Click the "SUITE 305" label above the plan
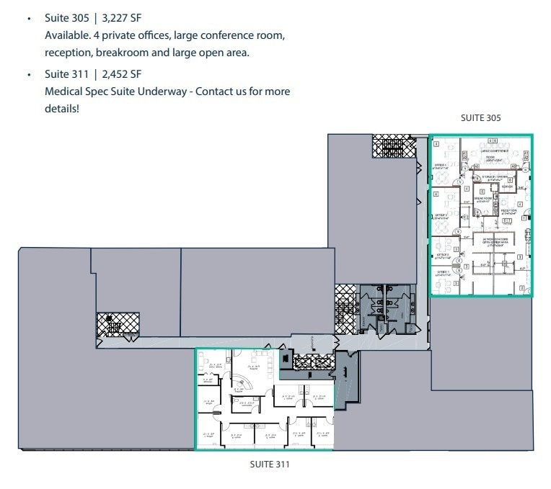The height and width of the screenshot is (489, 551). (x=481, y=117)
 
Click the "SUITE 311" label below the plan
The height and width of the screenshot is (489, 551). (x=268, y=465)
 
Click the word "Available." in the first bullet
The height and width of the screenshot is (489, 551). (x=69, y=34)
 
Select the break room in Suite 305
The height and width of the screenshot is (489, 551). (x=482, y=200)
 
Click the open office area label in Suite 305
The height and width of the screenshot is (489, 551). (x=498, y=243)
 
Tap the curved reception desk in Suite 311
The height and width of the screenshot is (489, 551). (x=240, y=382)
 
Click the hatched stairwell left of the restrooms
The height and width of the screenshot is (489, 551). (x=345, y=306)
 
